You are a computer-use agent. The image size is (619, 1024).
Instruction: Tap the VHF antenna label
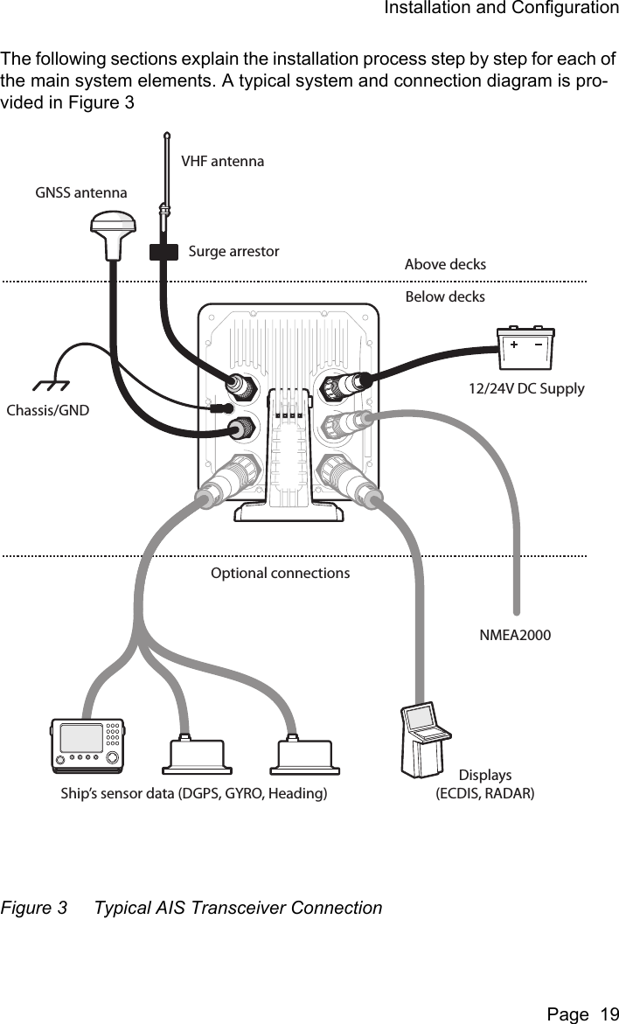[x=222, y=161]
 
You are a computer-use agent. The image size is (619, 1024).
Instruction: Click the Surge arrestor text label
[x=233, y=252]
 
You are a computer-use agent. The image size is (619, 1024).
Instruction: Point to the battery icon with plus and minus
[x=525, y=347]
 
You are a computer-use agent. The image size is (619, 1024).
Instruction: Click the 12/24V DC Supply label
[x=526, y=388]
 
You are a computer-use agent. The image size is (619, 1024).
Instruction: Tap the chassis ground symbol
[x=50, y=385]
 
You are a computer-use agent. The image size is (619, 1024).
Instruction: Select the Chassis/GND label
[x=47, y=410]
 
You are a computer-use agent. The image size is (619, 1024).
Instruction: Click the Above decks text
[x=445, y=264]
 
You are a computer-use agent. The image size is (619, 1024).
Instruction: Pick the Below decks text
[x=445, y=297]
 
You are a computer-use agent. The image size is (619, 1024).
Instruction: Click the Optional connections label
[x=280, y=574]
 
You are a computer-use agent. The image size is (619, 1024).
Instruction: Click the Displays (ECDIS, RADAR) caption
[x=485, y=784]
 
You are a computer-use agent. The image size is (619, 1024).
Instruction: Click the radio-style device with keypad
[x=87, y=745]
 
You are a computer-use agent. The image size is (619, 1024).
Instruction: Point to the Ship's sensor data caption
[x=194, y=794]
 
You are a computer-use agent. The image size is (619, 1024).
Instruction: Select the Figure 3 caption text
[x=191, y=908]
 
